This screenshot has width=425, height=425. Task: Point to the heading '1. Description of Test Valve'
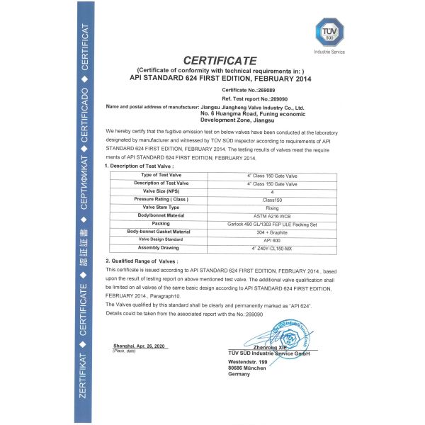145,166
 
